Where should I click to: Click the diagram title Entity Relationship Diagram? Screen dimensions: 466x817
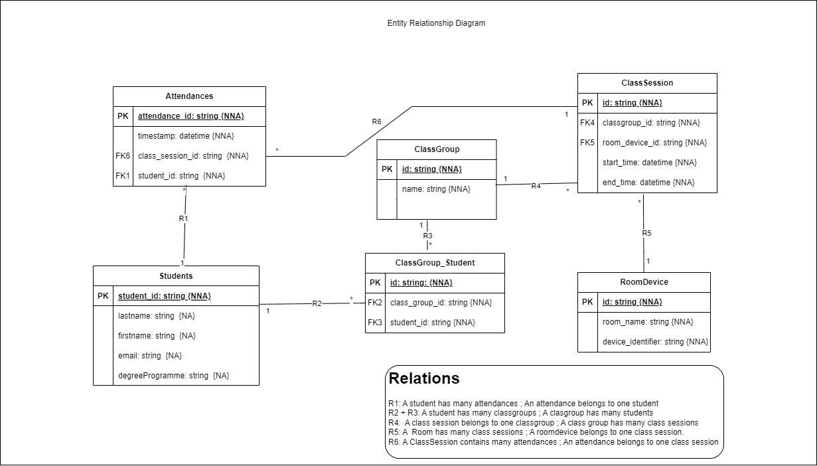point(436,23)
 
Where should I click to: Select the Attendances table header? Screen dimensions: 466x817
point(189,96)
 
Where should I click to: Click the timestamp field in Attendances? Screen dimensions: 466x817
point(186,136)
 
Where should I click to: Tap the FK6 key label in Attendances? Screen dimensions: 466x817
point(123,156)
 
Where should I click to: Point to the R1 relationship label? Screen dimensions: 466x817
point(184,218)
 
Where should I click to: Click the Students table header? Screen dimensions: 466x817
point(176,276)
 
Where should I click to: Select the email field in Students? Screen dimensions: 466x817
point(150,356)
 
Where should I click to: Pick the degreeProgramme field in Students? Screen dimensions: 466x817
point(174,376)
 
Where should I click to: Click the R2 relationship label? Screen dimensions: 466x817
point(317,303)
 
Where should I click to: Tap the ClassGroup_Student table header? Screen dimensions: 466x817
point(435,263)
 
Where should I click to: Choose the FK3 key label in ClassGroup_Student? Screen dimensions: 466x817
point(375,323)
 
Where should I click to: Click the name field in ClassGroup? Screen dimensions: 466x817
point(436,189)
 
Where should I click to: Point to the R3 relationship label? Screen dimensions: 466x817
point(428,236)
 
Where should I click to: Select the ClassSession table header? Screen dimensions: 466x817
point(647,83)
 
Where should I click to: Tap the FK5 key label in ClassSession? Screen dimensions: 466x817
point(587,143)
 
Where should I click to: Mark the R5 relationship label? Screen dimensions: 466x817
point(646,233)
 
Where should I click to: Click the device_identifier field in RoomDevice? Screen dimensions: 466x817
point(656,342)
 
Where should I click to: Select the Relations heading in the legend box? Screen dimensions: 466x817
point(424,378)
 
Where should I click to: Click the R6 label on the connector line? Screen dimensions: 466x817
point(376,121)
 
